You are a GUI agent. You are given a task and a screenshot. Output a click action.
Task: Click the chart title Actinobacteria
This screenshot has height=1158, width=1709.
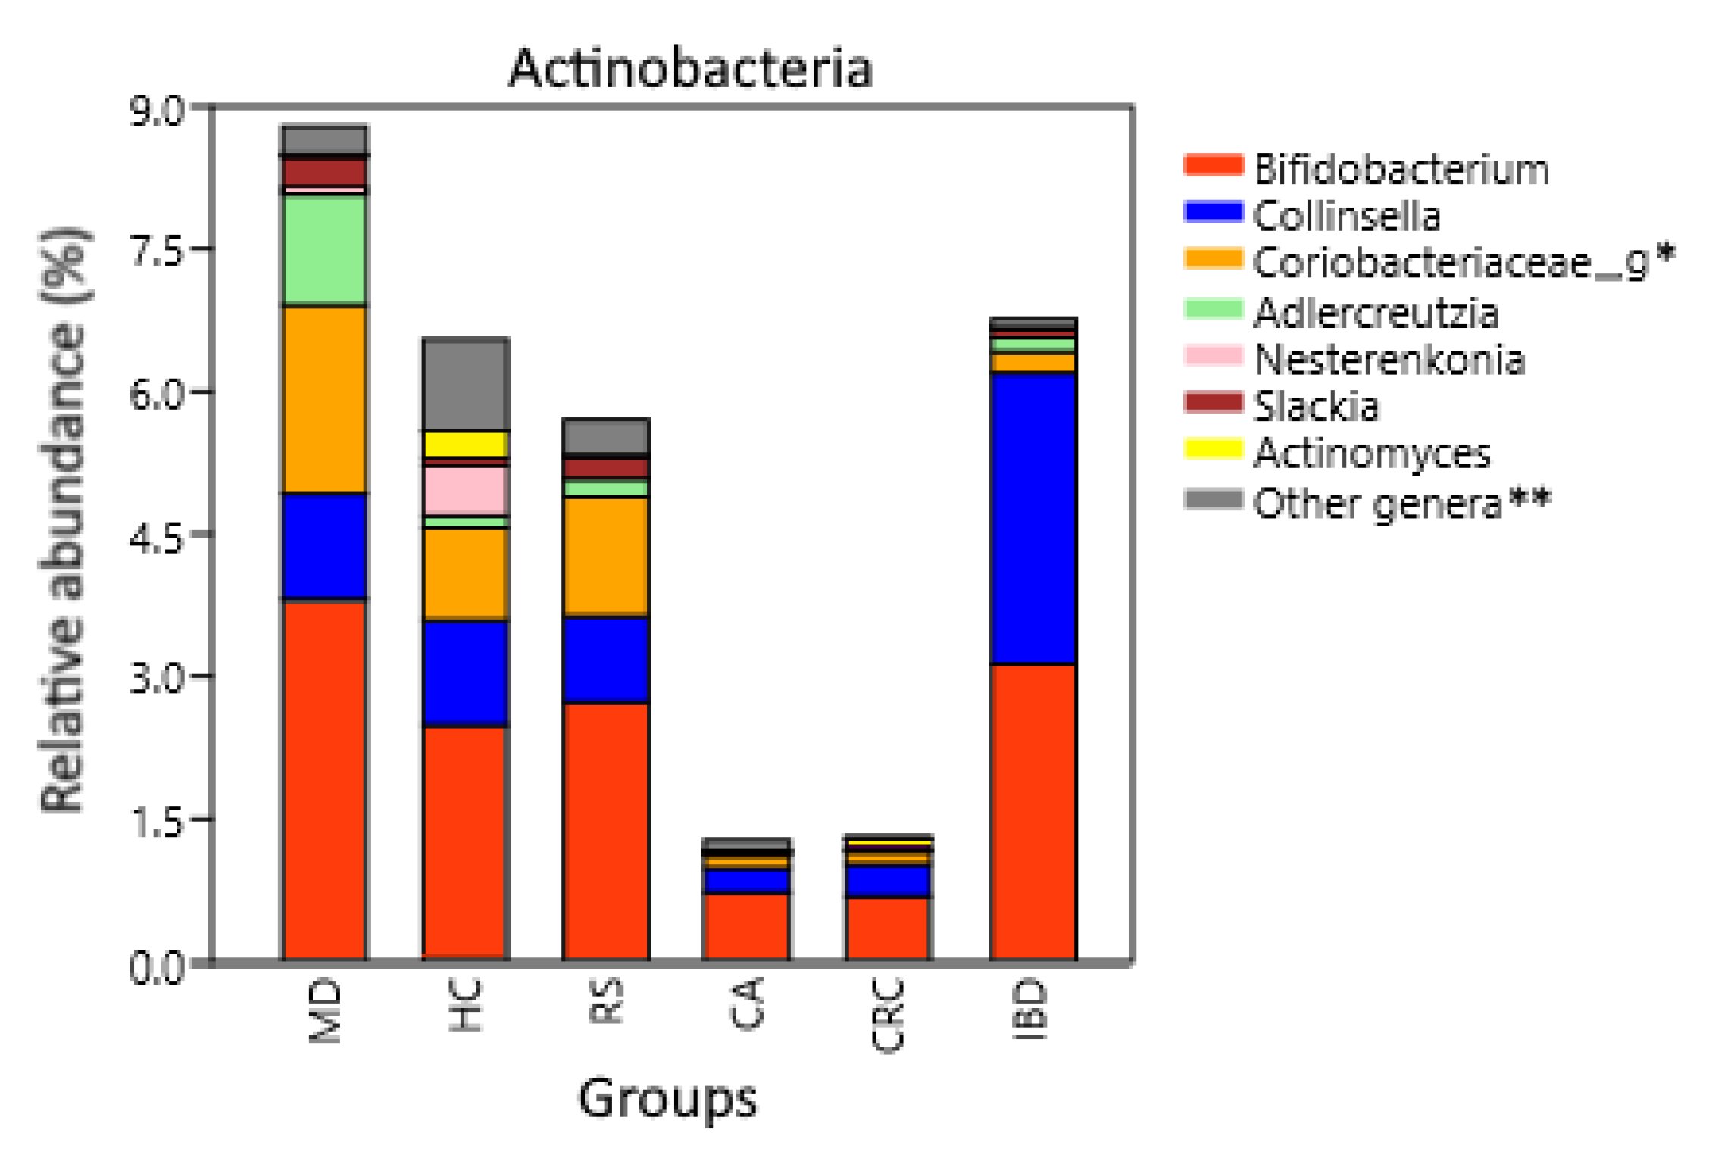pyautogui.click(x=690, y=68)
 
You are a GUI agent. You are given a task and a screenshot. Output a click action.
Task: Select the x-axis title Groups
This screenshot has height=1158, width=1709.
pyautogui.click(x=667, y=1097)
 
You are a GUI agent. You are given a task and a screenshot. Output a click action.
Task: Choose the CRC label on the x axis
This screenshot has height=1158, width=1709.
pyautogui.click(x=888, y=1015)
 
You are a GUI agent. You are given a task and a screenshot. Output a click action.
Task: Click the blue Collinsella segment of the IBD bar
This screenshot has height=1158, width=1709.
pyautogui.click(x=1033, y=518)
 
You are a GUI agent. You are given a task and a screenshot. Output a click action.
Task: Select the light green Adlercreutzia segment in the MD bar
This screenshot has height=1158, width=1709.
pyautogui.click(x=324, y=251)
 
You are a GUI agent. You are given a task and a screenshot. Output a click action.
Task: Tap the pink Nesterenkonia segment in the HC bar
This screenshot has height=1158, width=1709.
pyautogui.click(x=465, y=490)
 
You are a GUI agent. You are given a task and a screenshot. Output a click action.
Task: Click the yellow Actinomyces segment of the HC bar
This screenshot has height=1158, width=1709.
pyautogui.click(x=465, y=444)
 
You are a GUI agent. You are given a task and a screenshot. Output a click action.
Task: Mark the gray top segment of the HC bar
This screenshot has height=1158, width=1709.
pyautogui.click(x=465, y=384)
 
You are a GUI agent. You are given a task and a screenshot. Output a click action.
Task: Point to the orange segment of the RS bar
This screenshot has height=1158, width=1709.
pyautogui.click(x=605, y=555)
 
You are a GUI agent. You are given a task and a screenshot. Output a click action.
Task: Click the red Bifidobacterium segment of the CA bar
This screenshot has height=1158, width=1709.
pyautogui.click(x=746, y=926)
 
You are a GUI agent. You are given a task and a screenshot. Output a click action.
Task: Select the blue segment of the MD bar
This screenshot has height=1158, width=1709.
pyautogui.click(x=324, y=545)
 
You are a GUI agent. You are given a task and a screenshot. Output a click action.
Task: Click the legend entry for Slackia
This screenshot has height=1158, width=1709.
pyautogui.click(x=1316, y=407)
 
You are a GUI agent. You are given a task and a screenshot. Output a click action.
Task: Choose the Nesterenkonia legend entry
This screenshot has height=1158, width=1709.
pyautogui.click(x=1389, y=360)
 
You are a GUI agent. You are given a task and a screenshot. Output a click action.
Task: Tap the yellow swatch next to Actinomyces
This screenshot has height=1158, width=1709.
pyautogui.click(x=1213, y=449)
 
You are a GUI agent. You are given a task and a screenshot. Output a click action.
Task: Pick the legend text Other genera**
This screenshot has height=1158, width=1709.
pyautogui.click(x=1401, y=503)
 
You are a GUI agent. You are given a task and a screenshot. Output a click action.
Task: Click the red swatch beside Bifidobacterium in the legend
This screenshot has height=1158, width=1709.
pyautogui.click(x=1213, y=165)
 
